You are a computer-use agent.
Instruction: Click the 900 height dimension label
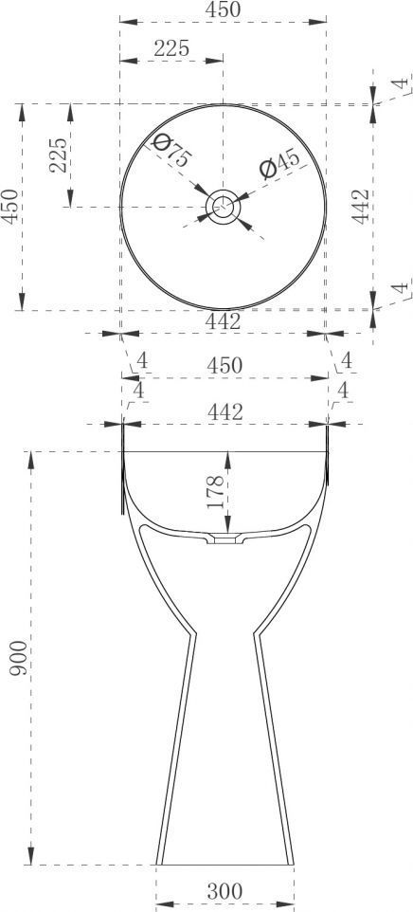point(19,657)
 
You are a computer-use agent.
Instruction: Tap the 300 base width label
point(224,890)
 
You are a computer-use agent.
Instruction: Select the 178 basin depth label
point(214,492)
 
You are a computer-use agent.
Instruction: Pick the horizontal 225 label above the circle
point(171,49)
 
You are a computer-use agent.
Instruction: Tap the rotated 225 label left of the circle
point(58,155)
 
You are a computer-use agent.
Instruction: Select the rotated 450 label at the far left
point(9,206)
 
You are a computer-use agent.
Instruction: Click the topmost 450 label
point(223,9)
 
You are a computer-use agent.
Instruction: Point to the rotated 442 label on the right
point(361,206)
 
